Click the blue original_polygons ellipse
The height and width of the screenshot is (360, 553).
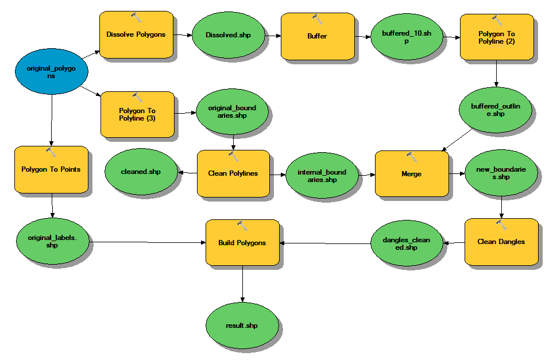click(52, 72)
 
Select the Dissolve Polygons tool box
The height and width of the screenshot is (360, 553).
click(136, 34)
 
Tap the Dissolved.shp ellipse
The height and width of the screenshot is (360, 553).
click(229, 34)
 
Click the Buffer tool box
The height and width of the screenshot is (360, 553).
click(317, 36)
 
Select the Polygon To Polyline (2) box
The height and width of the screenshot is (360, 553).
click(497, 37)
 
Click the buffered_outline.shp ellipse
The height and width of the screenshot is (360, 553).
click(496, 110)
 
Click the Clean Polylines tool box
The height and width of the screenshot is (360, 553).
click(233, 173)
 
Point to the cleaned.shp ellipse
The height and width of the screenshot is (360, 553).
click(141, 172)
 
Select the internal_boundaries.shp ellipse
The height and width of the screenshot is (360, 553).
click(322, 175)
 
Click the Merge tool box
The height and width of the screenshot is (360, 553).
click(411, 173)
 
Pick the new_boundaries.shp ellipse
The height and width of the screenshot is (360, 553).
click(501, 173)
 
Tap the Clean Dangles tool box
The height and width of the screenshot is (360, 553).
click(501, 242)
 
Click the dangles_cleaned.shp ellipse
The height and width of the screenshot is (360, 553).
click(407, 244)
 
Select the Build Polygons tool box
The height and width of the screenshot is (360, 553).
click(242, 242)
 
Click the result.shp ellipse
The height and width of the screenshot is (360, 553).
click(242, 326)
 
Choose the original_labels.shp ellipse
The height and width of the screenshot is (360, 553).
click(53, 242)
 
